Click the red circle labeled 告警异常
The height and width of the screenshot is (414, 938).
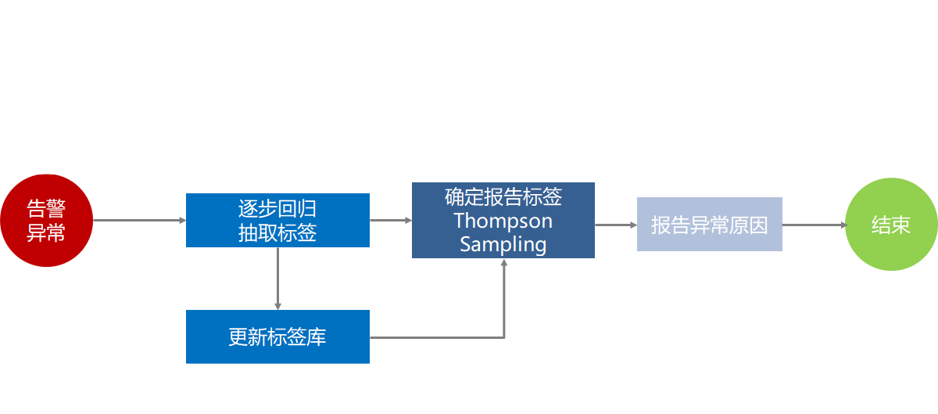(46, 221)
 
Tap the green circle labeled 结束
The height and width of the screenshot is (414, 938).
(891, 225)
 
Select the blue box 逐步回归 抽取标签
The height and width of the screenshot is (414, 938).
(277, 220)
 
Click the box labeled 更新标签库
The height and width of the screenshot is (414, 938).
(277, 337)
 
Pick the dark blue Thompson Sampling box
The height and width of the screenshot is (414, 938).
(503, 220)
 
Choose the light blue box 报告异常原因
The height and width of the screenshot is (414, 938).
(709, 225)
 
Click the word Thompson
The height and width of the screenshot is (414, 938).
(503, 221)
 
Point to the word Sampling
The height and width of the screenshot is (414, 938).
(503, 243)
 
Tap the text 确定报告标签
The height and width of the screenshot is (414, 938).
(503, 196)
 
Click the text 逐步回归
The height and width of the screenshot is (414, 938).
(277, 209)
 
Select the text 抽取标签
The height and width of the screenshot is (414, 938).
(277, 232)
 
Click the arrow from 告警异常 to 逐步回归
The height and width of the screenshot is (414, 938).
(139, 221)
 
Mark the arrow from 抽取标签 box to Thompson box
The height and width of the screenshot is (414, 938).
(390, 221)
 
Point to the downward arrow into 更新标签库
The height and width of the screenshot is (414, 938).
(277, 279)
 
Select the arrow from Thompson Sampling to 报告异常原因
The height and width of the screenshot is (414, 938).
(616, 225)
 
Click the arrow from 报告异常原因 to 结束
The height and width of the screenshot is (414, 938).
(814, 225)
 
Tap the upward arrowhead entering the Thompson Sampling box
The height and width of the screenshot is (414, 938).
(504, 264)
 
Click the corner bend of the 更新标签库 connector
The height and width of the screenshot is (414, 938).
(504, 337)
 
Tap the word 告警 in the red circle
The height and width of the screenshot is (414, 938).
(46, 209)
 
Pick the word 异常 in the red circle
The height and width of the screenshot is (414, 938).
(46, 232)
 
